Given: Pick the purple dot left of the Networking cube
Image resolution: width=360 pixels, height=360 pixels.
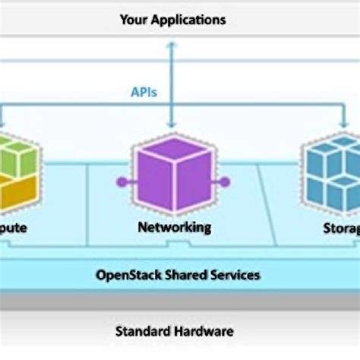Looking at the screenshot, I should (x=120, y=182).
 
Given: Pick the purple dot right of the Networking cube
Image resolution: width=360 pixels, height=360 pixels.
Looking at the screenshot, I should (x=225, y=182).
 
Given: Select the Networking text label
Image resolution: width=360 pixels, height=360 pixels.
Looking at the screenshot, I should (x=174, y=227).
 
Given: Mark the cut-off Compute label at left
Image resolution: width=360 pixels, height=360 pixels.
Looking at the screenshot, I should (x=14, y=227).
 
